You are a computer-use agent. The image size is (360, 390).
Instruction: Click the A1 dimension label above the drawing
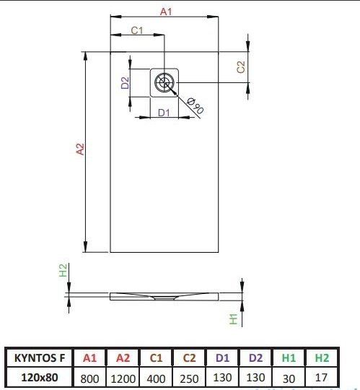(166, 12)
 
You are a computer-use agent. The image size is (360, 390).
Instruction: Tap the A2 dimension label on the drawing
(80, 149)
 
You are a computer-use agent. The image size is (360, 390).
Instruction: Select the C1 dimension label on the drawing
(137, 30)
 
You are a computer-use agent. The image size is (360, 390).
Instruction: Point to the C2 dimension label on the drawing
(241, 67)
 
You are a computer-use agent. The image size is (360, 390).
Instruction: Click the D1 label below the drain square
(164, 113)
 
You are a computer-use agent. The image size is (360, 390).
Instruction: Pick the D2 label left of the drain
(126, 83)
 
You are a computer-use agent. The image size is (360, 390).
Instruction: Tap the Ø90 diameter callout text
(196, 106)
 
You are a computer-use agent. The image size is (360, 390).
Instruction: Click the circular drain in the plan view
(164, 82)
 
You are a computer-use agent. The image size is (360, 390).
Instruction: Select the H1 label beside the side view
(233, 319)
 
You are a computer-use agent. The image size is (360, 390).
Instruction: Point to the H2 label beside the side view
(63, 270)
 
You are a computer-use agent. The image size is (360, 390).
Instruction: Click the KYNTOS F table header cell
(40, 358)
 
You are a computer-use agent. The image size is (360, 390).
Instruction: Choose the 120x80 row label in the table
(40, 377)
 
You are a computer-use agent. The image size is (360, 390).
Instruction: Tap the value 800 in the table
(89, 379)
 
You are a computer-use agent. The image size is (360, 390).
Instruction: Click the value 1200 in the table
(123, 379)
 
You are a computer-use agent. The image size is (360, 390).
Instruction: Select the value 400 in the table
(156, 379)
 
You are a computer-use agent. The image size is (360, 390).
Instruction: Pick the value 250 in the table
(189, 379)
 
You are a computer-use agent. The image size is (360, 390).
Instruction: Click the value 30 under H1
(289, 379)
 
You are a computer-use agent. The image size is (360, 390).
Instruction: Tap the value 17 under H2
(321, 378)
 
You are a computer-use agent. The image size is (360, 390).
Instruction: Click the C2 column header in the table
(189, 358)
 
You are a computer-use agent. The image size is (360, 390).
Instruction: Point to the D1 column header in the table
(222, 358)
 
